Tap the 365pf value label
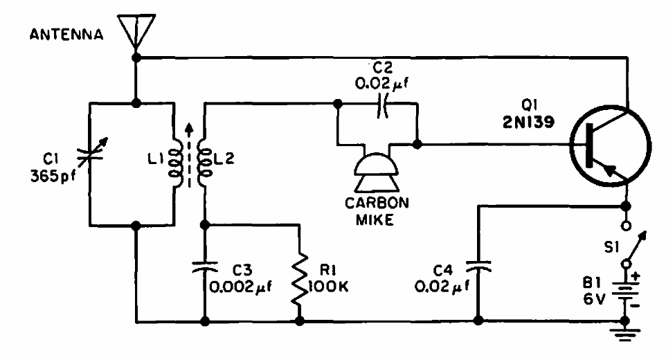click(48, 176)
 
